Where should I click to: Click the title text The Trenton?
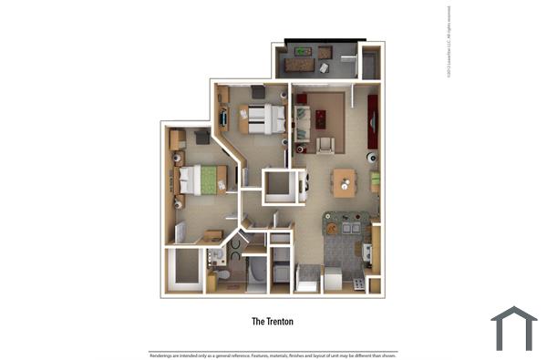pos(273,322)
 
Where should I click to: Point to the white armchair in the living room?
pos(325,144)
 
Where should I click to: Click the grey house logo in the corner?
pos(513,329)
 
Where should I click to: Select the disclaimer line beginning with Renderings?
pos(273,354)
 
